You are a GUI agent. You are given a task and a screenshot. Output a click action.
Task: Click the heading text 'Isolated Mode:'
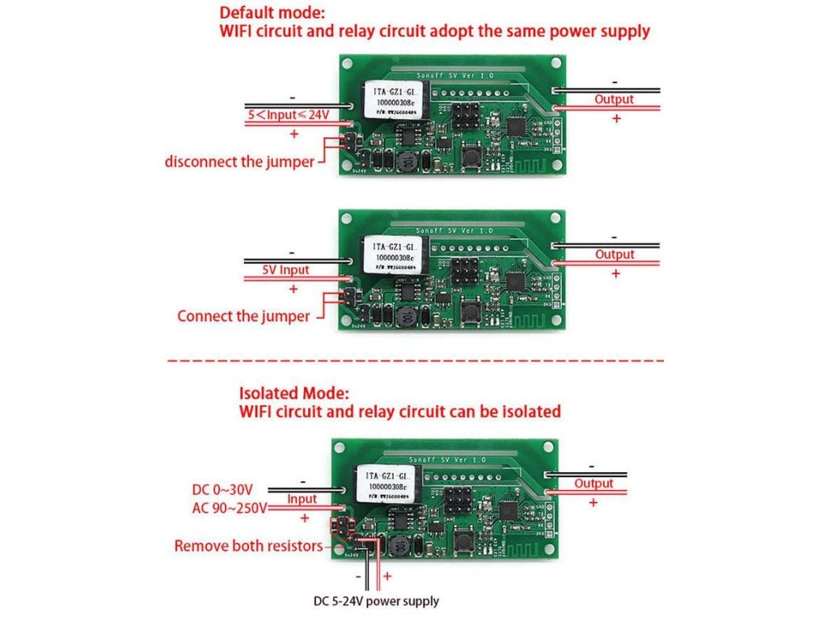click(294, 394)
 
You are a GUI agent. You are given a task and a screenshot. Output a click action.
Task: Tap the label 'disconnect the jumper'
click(239, 162)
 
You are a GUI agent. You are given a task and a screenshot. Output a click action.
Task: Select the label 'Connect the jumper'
click(243, 316)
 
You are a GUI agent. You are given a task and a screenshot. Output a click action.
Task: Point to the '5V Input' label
click(285, 269)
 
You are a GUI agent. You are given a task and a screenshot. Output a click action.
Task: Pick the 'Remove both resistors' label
click(247, 546)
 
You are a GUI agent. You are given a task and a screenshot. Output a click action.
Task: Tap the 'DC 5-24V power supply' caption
click(376, 601)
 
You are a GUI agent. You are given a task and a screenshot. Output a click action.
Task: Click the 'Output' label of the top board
click(614, 99)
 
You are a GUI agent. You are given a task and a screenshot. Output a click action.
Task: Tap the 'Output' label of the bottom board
click(594, 484)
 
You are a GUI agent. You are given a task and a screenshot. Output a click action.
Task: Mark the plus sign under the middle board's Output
click(616, 274)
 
